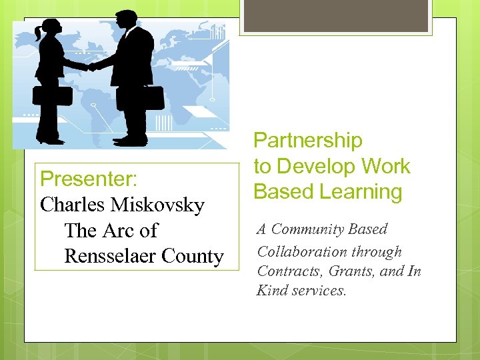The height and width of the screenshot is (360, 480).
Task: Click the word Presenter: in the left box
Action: coord(89,179)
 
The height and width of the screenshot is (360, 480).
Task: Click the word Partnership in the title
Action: coord(308,141)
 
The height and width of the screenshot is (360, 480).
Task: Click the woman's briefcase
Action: coord(53,95)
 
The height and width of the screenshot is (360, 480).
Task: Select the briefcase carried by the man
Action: coord(151,97)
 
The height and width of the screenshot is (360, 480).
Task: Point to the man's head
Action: coord(126,20)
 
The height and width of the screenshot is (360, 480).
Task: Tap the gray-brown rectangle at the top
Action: coord(336,15)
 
